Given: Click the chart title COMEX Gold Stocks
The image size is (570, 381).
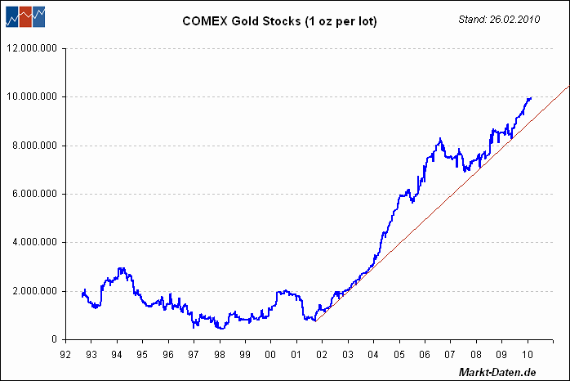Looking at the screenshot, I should [x=279, y=21].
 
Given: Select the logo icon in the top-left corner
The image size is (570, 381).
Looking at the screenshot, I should [x=24, y=15].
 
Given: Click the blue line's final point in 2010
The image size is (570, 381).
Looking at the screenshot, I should [x=531, y=98].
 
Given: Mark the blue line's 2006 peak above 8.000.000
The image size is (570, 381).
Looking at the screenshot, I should [x=440, y=139].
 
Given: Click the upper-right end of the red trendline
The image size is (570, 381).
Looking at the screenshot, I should [x=568, y=86].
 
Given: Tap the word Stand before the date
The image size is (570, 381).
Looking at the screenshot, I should [x=472, y=17].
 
